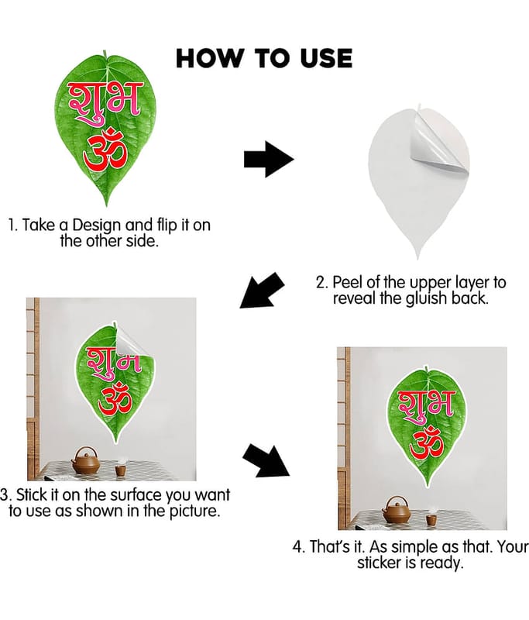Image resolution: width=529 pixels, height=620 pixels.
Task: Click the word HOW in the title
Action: point(208,58)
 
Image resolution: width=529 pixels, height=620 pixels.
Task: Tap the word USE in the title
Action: point(326,58)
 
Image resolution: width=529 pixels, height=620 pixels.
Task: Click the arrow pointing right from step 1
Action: point(269,159)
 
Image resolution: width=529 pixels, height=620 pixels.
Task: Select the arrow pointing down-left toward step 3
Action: point(262,290)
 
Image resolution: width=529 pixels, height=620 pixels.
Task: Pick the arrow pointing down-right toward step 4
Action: point(266,460)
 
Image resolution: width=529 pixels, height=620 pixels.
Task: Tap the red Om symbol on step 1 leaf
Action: point(105,149)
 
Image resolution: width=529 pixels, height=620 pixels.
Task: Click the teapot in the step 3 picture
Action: point(85,461)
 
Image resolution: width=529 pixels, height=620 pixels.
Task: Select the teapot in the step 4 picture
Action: point(397,510)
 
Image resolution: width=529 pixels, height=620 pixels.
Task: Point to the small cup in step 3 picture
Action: point(121,470)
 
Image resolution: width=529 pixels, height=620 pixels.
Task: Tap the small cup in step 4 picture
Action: point(431,520)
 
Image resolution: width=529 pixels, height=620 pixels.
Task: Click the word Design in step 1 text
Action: point(96,226)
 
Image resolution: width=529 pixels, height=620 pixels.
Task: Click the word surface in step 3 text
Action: point(134,494)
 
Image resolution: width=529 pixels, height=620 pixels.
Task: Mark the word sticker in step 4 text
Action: point(379,563)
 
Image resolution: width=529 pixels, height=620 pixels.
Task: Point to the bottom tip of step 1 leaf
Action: point(106,205)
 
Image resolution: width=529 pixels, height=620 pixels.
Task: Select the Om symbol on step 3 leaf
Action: point(115,399)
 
